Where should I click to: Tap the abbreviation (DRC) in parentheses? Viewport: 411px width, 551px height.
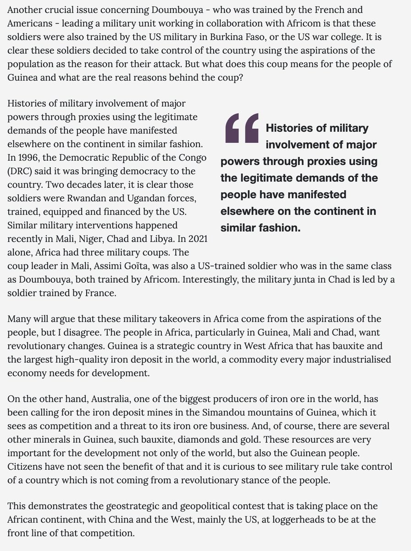pos(20,171)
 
